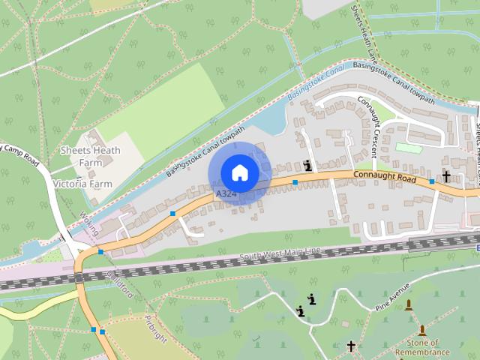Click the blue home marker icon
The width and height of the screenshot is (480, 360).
coord(239,173)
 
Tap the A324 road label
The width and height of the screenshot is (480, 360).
coord(226,194)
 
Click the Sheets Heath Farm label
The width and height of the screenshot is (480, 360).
coord(80,156)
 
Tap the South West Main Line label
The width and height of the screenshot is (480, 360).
coord(282,256)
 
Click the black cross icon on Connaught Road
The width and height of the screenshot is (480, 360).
coord(446,176)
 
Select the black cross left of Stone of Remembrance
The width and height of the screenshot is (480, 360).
coord(351,346)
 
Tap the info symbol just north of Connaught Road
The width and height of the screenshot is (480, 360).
coord(309,166)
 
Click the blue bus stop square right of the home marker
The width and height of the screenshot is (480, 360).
coord(295,182)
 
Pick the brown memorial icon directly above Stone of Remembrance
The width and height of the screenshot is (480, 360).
coord(422,330)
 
